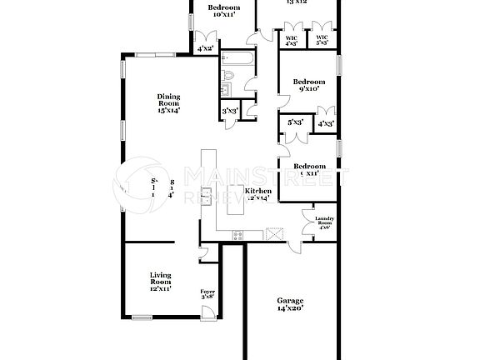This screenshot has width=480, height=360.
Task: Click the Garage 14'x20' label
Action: (290, 304)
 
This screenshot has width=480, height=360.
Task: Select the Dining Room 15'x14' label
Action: (169, 102)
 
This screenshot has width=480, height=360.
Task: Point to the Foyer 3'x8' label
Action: (207, 294)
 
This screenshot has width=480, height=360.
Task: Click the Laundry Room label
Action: (323, 223)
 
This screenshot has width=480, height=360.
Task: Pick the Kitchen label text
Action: (257, 194)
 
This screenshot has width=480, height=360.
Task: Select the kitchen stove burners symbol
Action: (237, 234)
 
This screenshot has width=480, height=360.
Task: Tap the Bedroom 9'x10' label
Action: (307, 84)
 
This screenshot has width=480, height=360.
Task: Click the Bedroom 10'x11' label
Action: (222, 10)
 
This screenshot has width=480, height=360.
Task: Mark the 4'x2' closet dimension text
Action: (205, 49)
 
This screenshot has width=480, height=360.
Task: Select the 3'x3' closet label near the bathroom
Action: (230, 111)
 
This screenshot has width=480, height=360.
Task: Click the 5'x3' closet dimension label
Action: (294, 122)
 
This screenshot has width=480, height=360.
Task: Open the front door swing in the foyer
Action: (207, 312)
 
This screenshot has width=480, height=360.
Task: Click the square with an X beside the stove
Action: (272, 234)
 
